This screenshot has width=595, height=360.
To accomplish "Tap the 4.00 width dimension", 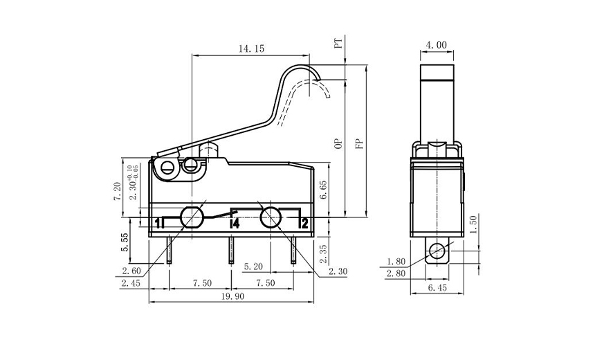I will pos(437,45).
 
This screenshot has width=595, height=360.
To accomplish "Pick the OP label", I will pos(338,144).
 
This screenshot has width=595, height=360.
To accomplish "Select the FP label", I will pos(359,144).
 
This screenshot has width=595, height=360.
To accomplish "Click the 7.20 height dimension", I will pos(118,190).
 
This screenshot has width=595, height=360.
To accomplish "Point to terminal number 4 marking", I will pos(235,224).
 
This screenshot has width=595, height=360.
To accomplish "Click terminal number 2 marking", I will pos(303,223).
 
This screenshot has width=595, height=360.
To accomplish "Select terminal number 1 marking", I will pos(158,223).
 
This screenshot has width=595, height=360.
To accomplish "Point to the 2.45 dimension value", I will pos(131,283).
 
